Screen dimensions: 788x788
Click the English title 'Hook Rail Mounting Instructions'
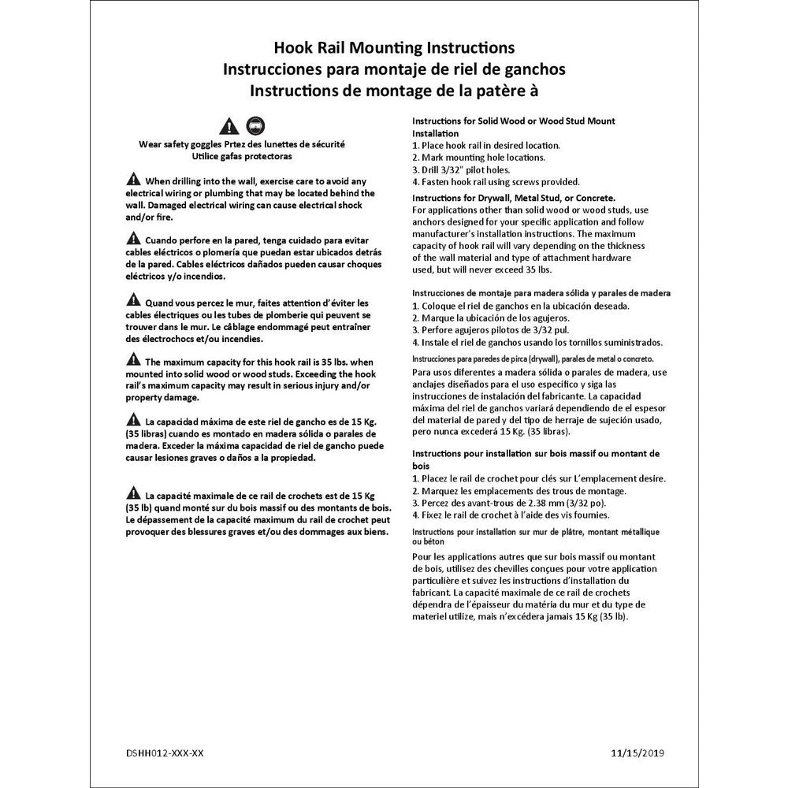tap(393, 50)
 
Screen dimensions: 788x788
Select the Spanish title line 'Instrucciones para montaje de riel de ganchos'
tap(393, 69)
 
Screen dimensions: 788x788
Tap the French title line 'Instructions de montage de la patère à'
tap(393, 90)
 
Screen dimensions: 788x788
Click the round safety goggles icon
tap(255, 125)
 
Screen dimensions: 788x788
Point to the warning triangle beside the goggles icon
tap(229, 126)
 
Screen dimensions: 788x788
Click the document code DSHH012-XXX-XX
tap(164, 753)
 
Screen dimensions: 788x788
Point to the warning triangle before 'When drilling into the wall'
tap(132, 178)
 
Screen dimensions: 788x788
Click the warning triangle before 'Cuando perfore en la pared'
tap(132, 238)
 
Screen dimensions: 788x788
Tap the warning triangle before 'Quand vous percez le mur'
tap(132, 299)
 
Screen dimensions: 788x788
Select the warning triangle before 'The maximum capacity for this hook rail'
tap(132, 359)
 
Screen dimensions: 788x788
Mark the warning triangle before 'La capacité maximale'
tap(132, 493)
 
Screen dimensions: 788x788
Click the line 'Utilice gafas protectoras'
tap(241, 157)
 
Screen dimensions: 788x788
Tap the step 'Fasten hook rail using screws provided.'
tap(496, 181)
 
